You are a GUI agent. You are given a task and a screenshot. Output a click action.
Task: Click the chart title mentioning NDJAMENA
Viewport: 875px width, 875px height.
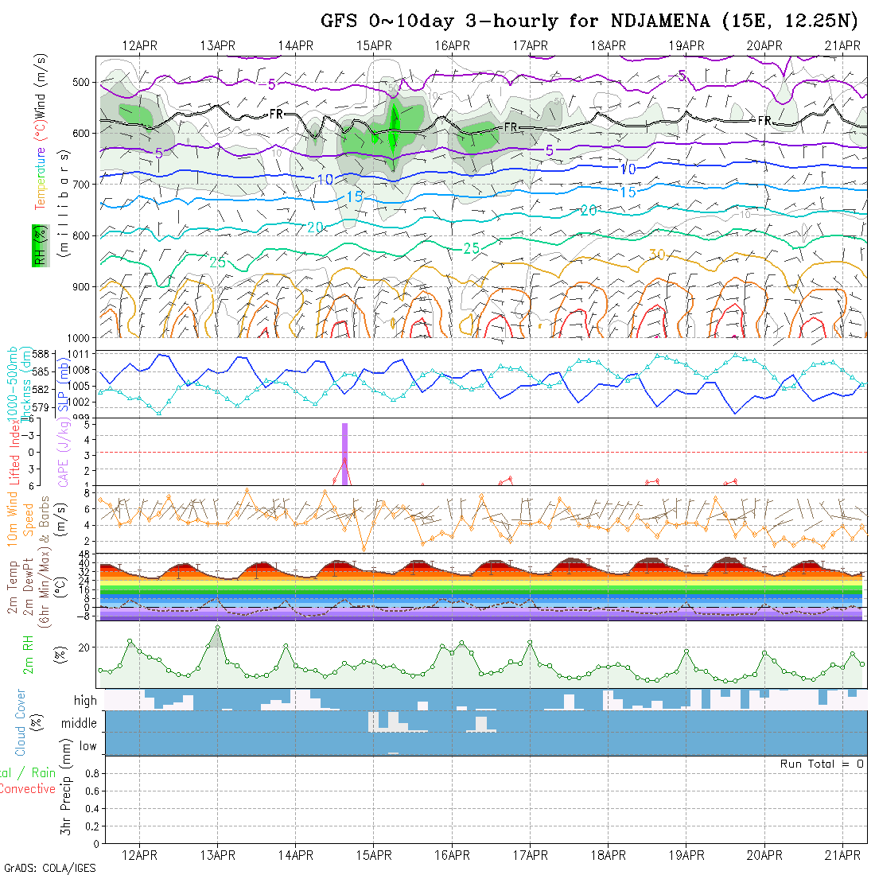[x=589, y=21]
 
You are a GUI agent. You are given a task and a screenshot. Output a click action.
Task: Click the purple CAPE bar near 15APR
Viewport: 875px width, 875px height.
[x=345, y=453]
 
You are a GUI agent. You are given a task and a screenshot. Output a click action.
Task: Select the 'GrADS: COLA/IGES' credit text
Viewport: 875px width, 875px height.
[x=49, y=868]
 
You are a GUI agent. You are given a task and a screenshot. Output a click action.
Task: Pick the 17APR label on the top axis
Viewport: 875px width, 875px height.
[x=530, y=45]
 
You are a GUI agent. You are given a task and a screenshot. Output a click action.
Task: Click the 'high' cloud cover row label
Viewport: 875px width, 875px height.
[x=85, y=701]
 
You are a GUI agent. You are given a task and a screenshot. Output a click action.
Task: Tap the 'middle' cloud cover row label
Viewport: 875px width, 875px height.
[x=80, y=724]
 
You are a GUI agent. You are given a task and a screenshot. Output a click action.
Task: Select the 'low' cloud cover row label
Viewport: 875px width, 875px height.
[x=87, y=746]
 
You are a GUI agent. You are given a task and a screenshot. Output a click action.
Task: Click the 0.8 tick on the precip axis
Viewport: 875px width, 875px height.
[x=90, y=773]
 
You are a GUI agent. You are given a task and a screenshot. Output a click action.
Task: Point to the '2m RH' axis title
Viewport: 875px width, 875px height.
[x=28, y=653]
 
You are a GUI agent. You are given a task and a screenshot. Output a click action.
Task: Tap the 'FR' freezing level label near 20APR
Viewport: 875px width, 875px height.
[x=764, y=120]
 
